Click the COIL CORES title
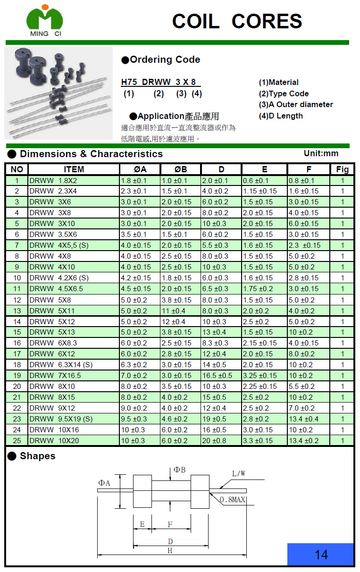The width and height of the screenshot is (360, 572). click(x=237, y=21)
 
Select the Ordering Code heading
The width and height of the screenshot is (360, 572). click(x=161, y=60)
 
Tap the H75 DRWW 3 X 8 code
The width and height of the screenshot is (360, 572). click(x=159, y=82)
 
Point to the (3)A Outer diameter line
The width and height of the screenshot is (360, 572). click(x=296, y=105)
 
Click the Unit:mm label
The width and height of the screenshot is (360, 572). click(x=321, y=153)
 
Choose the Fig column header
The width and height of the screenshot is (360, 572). click(x=342, y=169)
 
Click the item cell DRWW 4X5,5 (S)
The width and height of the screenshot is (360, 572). click(x=59, y=245)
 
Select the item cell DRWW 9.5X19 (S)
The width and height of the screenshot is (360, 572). click(x=61, y=419)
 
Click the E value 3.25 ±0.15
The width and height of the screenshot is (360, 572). click(x=260, y=376)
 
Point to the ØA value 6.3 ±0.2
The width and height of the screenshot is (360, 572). click(x=134, y=365)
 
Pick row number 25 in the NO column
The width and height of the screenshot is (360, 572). click(x=17, y=441)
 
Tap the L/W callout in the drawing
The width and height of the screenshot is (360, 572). click(x=238, y=474)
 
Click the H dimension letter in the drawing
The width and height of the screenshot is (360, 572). click(x=170, y=550)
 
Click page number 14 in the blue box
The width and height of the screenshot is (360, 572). click(x=321, y=555)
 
